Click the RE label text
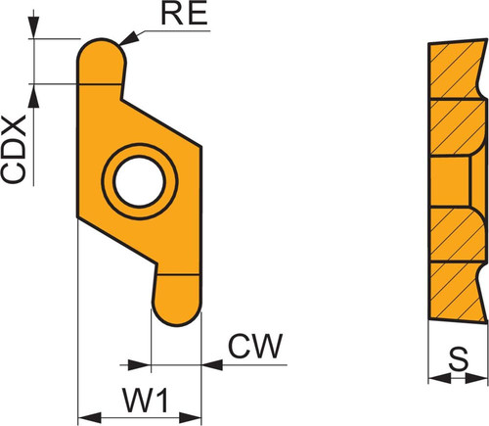[184, 14]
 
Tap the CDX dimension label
[14, 149]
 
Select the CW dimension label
[255, 346]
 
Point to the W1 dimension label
[145, 400]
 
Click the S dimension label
[459, 358]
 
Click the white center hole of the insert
[140, 181]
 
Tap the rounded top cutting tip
[101, 62]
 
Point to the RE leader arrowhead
[129, 38]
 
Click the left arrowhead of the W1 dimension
[90, 417]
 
